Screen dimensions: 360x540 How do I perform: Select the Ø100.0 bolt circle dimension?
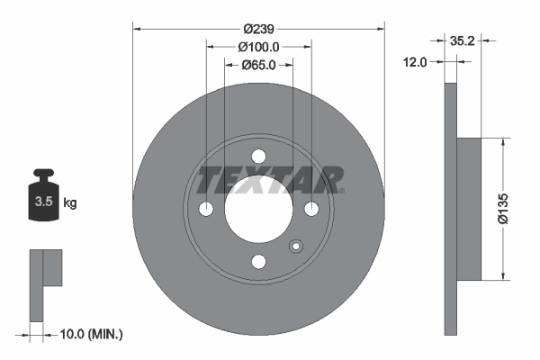tap(259, 47)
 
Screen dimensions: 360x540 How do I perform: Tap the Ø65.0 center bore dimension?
tap(259, 65)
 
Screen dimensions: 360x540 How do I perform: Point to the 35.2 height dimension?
tap(462, 40)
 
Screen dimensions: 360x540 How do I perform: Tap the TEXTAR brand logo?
tap(269, 181)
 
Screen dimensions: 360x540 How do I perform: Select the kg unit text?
tap(70, 202)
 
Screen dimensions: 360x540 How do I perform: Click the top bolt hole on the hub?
tap(259, 156)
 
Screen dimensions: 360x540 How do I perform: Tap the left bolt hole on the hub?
tap(206, 209)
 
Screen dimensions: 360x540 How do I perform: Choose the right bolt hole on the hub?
tap(311, 209)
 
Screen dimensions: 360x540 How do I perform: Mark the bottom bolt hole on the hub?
tap(259, 262)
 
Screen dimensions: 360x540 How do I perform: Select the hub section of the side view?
tap(472, 209)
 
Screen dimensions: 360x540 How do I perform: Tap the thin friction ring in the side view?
tap(452, 209)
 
